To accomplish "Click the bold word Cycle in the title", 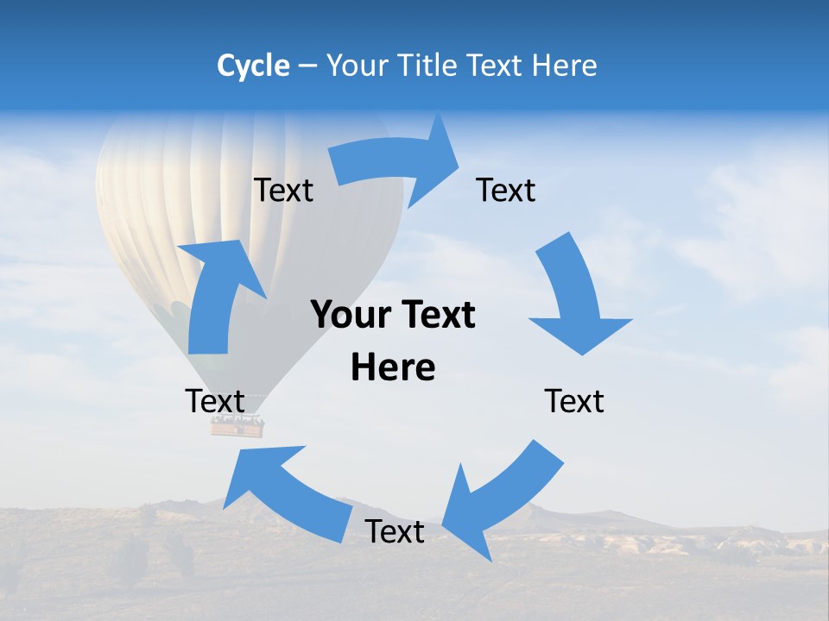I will (x=253, y=66).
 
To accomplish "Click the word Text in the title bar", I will (x=497, y=66).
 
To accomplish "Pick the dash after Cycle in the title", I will (x=307, y=66).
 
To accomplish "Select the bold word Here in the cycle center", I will (x=393, y=367).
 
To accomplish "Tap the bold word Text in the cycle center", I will (x=436, y=315).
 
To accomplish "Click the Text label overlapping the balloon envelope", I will (x=283, y=190).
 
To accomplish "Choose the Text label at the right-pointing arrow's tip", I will (x=506, y=190).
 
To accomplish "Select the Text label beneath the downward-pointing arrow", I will (x=574, y=401).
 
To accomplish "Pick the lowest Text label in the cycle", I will (x=395, y=531).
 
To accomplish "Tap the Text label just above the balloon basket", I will (x=215, y=401).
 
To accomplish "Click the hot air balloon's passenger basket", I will (x=237, y=425).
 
